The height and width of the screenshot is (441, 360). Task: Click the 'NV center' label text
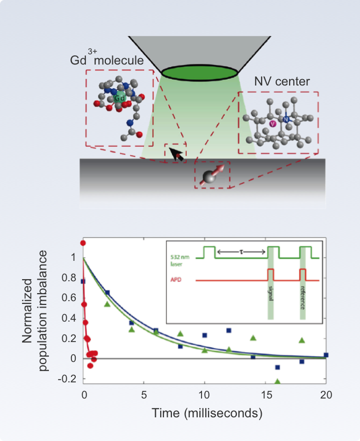coord(282,82)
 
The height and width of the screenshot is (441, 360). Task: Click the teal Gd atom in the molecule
coord(119,98)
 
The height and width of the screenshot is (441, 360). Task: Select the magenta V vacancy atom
coord(273,123)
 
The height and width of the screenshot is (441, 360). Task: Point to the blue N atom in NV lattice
coord(286,118)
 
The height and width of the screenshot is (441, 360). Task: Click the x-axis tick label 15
coord(265,394)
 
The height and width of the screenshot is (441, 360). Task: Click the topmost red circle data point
coord(83,243)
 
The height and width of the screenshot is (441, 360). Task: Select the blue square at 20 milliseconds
coord(326,355)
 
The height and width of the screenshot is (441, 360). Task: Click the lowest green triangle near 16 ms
coord(277,381)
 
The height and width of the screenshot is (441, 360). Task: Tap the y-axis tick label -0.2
coord(67,379)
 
